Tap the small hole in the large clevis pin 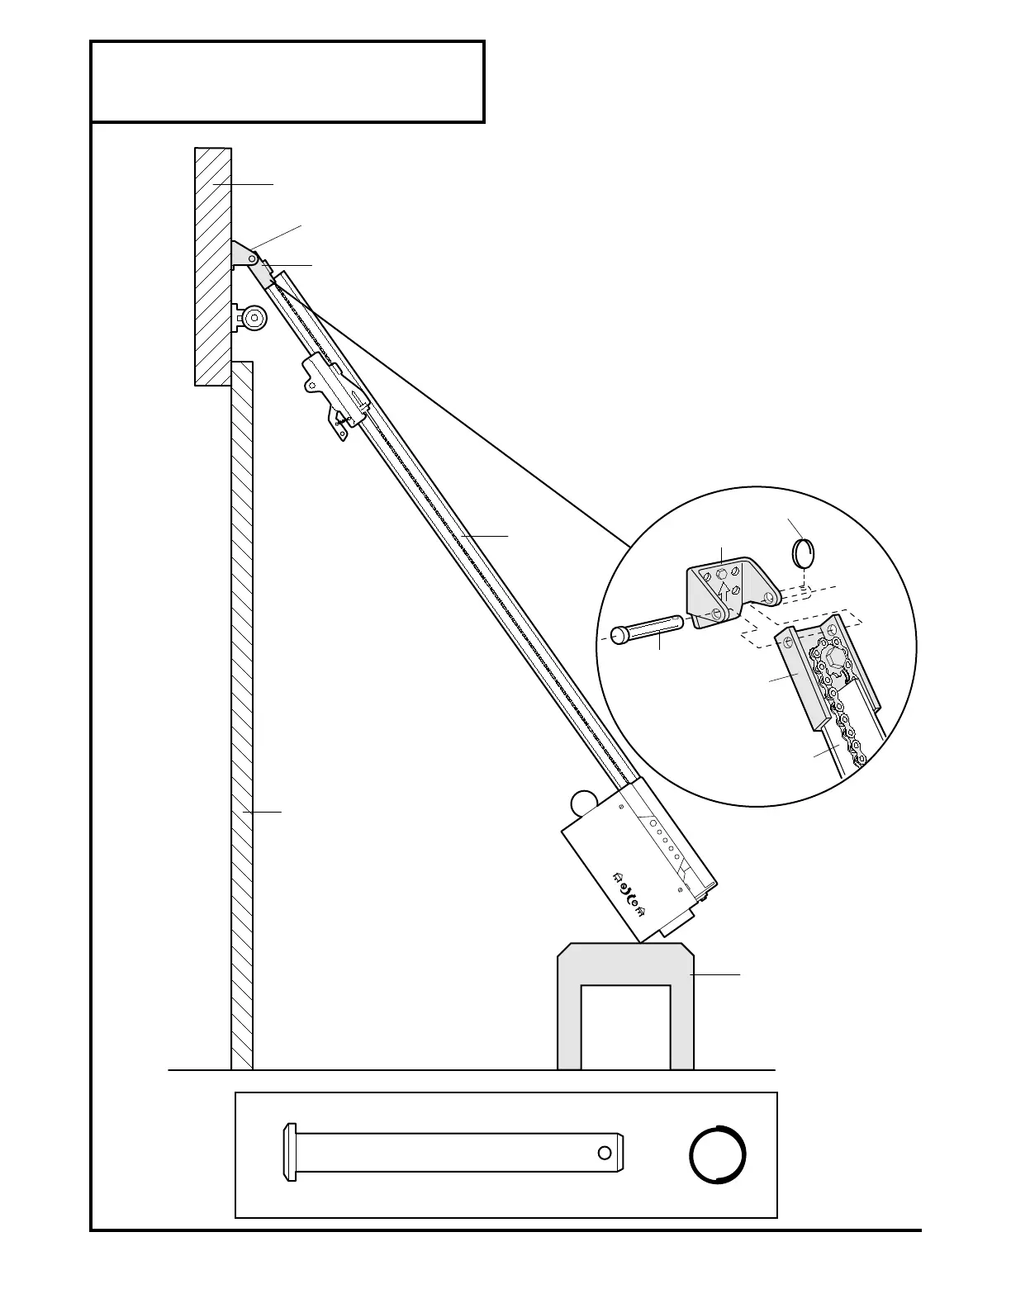(605, 1152)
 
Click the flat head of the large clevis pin (289, 1152)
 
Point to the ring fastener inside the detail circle (804, 553)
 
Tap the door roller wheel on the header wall (252, 318)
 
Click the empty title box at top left (287, 82)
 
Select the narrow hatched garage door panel (241, 710)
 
